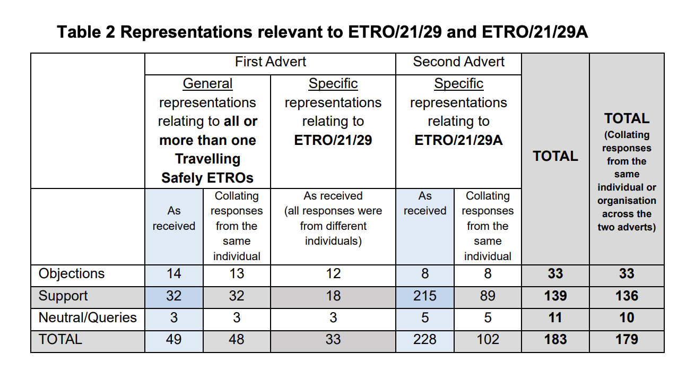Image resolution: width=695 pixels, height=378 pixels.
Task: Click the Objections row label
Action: click(x=72, y=274)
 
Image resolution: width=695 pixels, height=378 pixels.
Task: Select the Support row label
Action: click(x=63, y=296)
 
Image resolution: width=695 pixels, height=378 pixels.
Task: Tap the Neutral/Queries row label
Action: click(x=88, y=318)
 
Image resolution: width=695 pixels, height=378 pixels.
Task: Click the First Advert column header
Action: click(x=270, y=62)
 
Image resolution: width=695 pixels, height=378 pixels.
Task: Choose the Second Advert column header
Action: click(x=458, y=62)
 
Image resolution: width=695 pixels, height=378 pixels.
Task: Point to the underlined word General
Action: click(x=207, y=84)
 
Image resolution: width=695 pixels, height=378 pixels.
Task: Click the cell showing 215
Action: click(x=425, y=296)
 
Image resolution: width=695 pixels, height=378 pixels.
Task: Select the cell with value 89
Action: click(x=488, y=296)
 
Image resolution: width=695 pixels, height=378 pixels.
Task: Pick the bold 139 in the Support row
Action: click(x=555, y=296)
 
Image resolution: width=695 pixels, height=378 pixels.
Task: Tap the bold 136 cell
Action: click(x=627, y=296)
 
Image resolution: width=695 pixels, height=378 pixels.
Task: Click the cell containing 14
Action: click(x=173, y=274)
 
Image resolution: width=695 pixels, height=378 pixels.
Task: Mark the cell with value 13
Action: click(x=237, y=274)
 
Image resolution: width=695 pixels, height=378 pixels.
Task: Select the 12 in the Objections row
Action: click(x=333, y=274)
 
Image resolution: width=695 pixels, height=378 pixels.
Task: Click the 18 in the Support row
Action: click(x=333, y=296)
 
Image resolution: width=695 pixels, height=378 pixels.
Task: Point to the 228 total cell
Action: click(x=425, y=340)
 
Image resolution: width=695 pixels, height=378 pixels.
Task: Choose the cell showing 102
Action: click(x=488, y=340)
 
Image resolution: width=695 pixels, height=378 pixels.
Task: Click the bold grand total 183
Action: click(x=555, y=340)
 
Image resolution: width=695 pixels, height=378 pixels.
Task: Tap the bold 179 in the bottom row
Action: click(x=627, y=340)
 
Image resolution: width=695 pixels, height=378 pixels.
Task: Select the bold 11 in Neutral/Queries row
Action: click(x=555, y=318)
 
